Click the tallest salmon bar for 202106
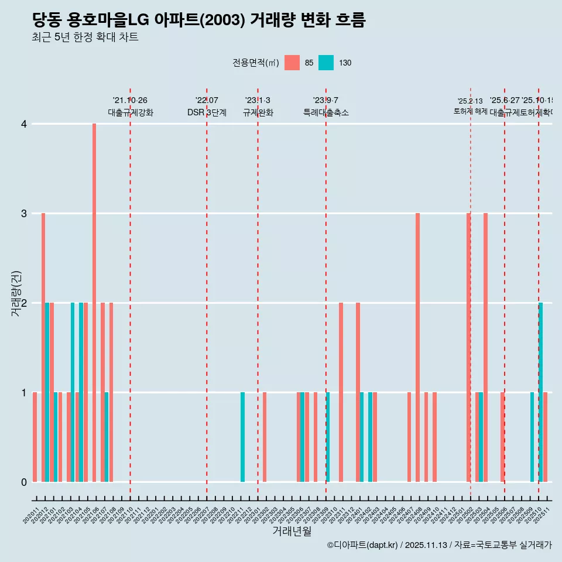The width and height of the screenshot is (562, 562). coord(94,303)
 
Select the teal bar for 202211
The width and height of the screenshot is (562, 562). coord(243,437)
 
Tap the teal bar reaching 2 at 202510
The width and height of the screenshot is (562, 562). coord(541,392)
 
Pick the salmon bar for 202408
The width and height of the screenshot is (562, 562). coord(417,348)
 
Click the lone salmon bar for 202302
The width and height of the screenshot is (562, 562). coord(265,437)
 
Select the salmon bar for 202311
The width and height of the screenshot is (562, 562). coord(341,392)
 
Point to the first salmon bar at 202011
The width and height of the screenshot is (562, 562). coord(35,437)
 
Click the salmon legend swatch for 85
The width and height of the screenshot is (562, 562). coord(292,63)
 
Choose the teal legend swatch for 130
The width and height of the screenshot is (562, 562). coord(326,63)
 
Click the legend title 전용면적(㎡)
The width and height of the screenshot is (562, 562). coord(256,63)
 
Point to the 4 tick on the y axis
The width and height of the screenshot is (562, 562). coord(23,124)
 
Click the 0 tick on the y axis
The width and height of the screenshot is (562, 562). coord(23,482)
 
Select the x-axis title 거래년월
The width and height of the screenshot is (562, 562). coord(292,531)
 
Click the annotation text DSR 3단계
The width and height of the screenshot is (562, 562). coord(207,112)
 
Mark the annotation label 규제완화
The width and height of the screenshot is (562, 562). coord(258,112)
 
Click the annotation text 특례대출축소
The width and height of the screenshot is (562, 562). coord(326,112)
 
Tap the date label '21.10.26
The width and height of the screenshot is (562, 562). coord(130,100)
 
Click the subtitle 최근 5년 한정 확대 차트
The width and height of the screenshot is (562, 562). coord(85,37)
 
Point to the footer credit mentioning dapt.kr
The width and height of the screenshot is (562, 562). coord(439,545)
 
